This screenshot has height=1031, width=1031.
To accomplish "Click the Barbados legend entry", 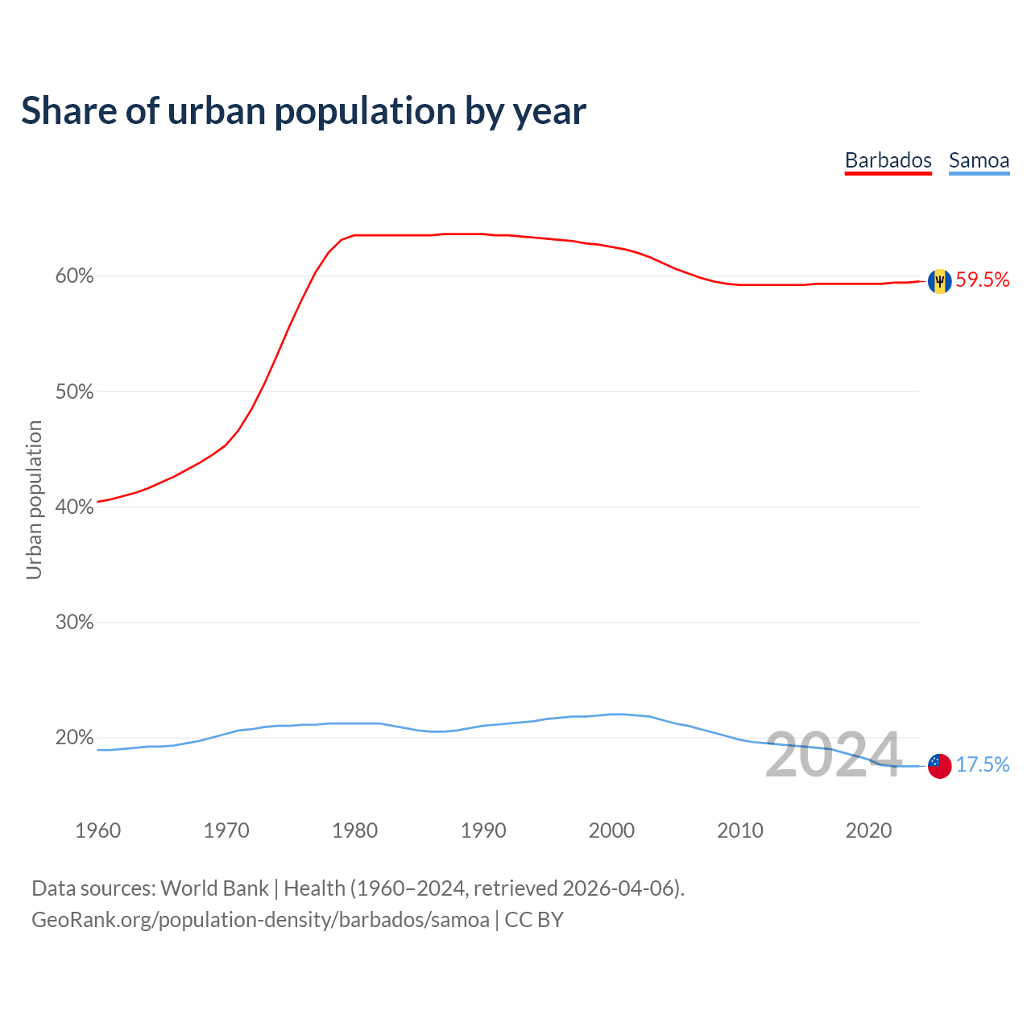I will (888, 160).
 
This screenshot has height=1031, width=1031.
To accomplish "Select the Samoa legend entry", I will (979, 160).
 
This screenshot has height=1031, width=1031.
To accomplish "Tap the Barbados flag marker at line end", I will (939, 281).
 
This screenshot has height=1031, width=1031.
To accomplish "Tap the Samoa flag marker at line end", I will (939, 766).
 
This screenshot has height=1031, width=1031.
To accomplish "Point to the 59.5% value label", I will (983, 280).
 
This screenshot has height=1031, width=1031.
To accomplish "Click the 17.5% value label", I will (983, 765).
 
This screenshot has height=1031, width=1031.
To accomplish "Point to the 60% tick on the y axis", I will (74, 276).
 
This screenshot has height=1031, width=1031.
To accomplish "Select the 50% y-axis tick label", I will (74, 392).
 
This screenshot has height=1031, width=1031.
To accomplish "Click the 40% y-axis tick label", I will (74, 507).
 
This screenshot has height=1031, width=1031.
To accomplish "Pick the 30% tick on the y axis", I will (74, 623).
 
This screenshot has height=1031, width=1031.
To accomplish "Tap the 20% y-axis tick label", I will (74, 738).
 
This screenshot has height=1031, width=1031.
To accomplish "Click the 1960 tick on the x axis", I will (97, 830).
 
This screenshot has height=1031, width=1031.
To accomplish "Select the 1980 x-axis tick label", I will (354, 830).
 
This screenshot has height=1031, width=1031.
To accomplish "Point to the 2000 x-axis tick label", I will (611, 830).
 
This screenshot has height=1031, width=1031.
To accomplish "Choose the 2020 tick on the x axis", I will (868, 830).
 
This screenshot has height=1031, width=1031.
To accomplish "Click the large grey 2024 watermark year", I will (833, 756).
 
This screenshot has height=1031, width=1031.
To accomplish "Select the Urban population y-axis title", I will (34, 499).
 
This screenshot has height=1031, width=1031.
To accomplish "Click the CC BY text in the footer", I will (534, 920).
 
